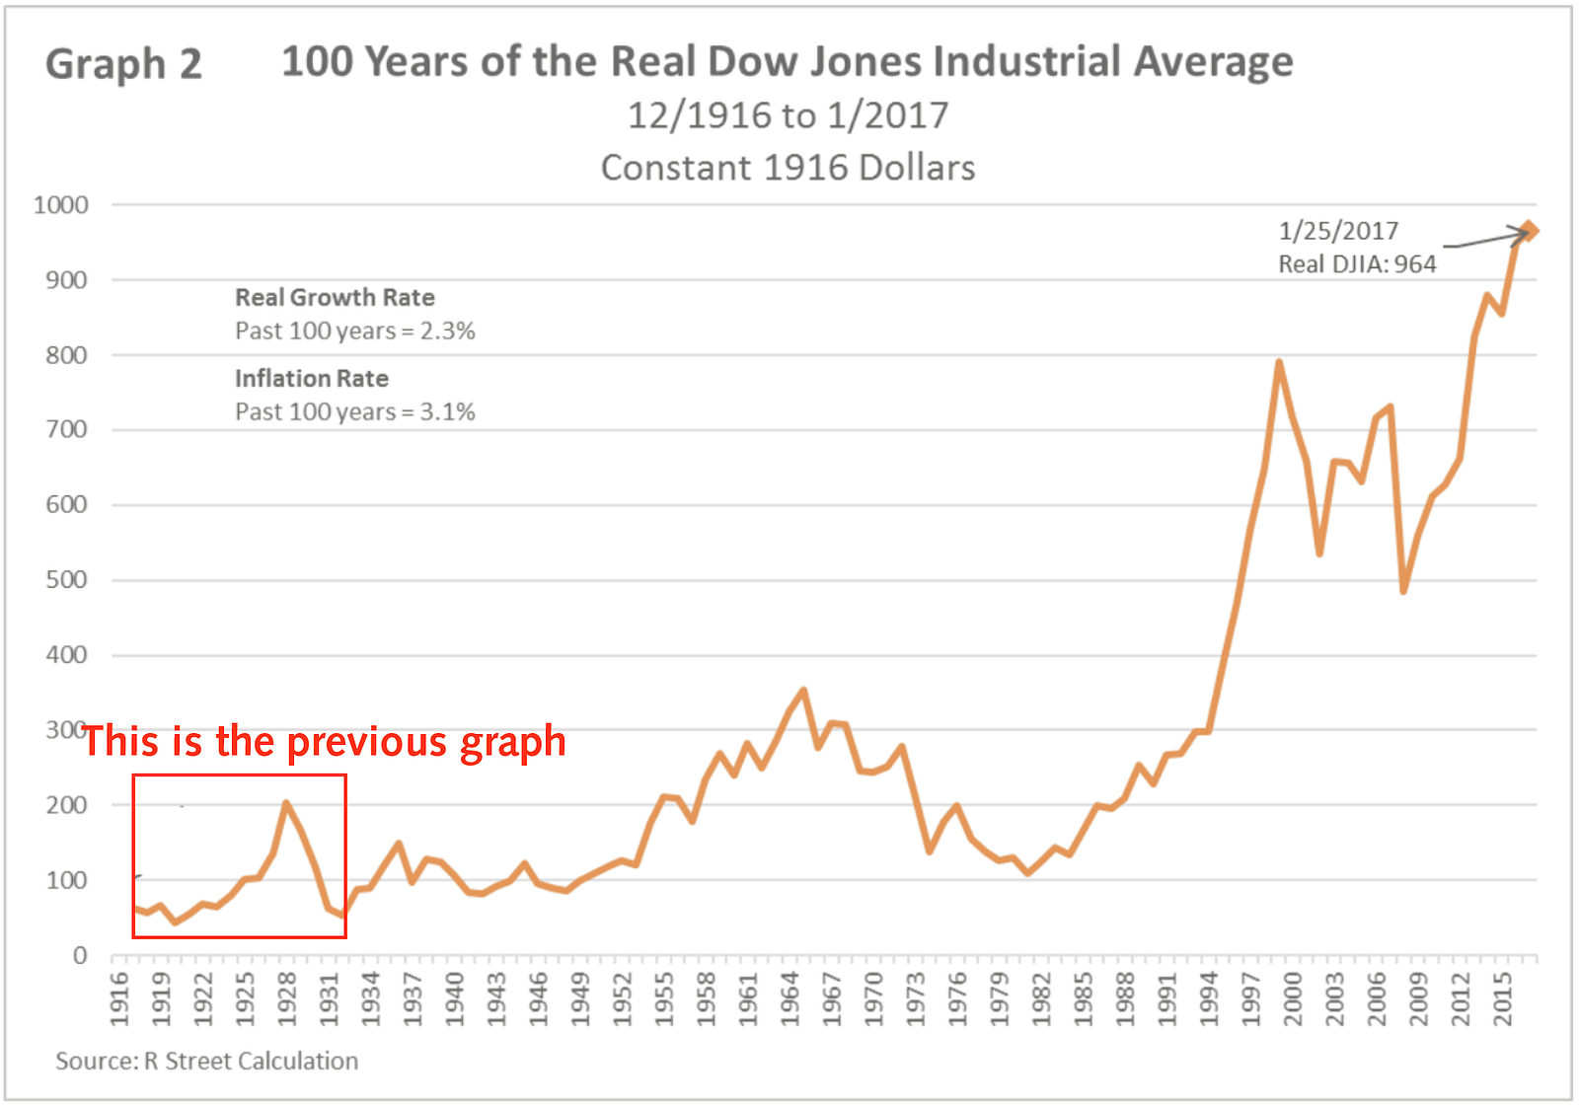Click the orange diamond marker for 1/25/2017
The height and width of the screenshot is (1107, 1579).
click(x=1529, y=231)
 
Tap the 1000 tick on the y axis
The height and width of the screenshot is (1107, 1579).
click(x=61, y=205)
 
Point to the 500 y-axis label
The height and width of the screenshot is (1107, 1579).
click(x=66, y=580)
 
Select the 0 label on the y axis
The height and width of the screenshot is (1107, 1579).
click(x=79, y=955)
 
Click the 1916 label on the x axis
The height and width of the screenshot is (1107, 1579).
click(x=120, y=998)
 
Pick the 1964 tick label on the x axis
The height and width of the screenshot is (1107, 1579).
click(x=789, y=998)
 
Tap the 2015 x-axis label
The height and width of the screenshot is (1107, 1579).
click(x=1502, y=998)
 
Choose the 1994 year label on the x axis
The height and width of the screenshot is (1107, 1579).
click(x=1209, y=998)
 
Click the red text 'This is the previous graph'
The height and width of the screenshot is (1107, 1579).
click(x=325, y=742)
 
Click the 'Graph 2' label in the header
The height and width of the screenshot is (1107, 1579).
click(x=123, y=64)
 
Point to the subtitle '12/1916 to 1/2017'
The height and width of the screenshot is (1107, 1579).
click(x=788, y=115)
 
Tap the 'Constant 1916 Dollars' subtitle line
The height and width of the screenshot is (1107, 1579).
click(x=788, y=168)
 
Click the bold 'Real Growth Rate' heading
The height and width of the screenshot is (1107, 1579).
click(x=335, y=298)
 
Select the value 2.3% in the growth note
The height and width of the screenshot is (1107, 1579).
click(x=448, y=332)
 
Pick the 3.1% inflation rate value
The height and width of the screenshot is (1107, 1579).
click(x=448, y=412)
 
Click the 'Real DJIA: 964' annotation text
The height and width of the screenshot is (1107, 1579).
click(x=1357, y=264)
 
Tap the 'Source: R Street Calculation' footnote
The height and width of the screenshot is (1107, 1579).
click(x=206, y=1061)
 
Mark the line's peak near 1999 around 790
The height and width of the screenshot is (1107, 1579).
click(x=1279, y=362)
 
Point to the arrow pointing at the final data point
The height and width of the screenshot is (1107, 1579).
click(x=1486, y=239)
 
